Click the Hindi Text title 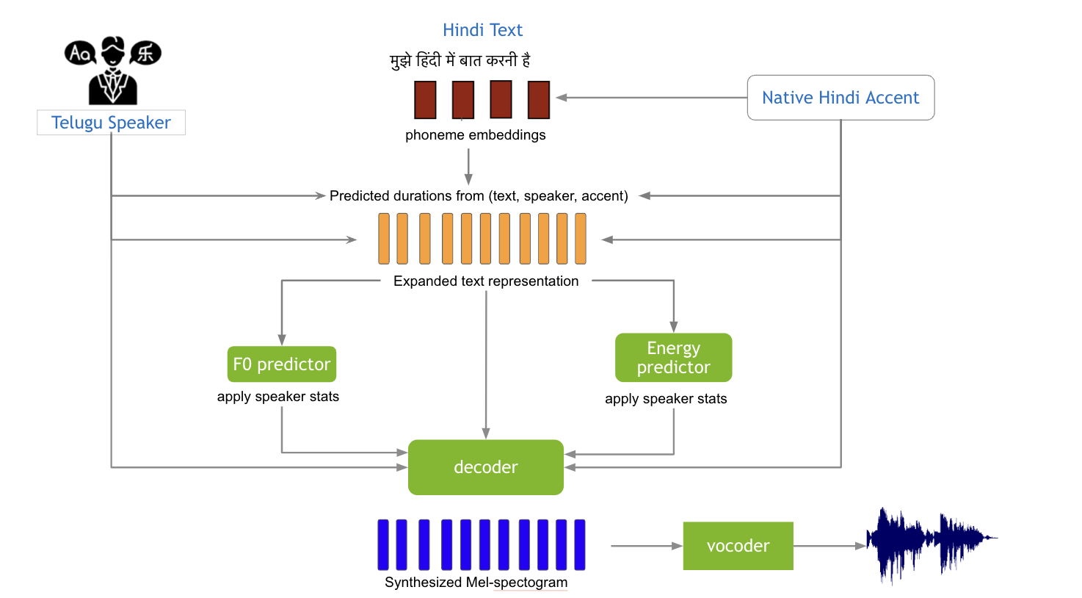(x=482, y=30)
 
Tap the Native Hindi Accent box (x=840, y=98)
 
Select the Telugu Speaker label (x=111, y=123)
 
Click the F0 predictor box (x=282, y=364)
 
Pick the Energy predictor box (x=673, y=358)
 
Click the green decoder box (x=486, y=467)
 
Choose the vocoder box (x=738, y=546)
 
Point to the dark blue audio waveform (x=929, y=544)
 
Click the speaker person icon (x=113, y=71)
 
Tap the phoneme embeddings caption (x=476, y=135)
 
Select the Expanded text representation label (x=486, y=281)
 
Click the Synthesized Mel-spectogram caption (x=476, y=583)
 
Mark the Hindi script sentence (x=460, y=60)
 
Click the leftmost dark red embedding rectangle (x=425, y=100)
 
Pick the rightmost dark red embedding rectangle (x=539, y=100)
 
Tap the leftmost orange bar (x=384, y=239)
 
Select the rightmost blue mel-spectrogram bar (x=580, y=544)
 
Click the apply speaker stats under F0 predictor (x=278, y=397)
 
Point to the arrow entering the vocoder (x=646, y=546)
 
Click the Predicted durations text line (x=479, y=196)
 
